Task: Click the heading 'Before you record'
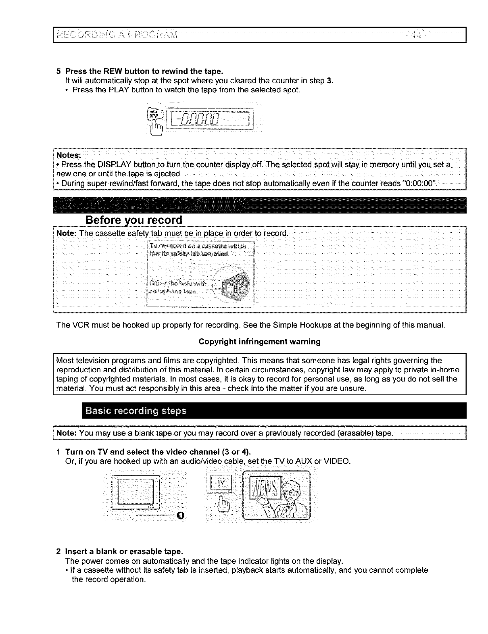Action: point(133,221)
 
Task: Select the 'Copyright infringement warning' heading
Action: point(259,342)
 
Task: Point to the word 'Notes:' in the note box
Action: point(69,156)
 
